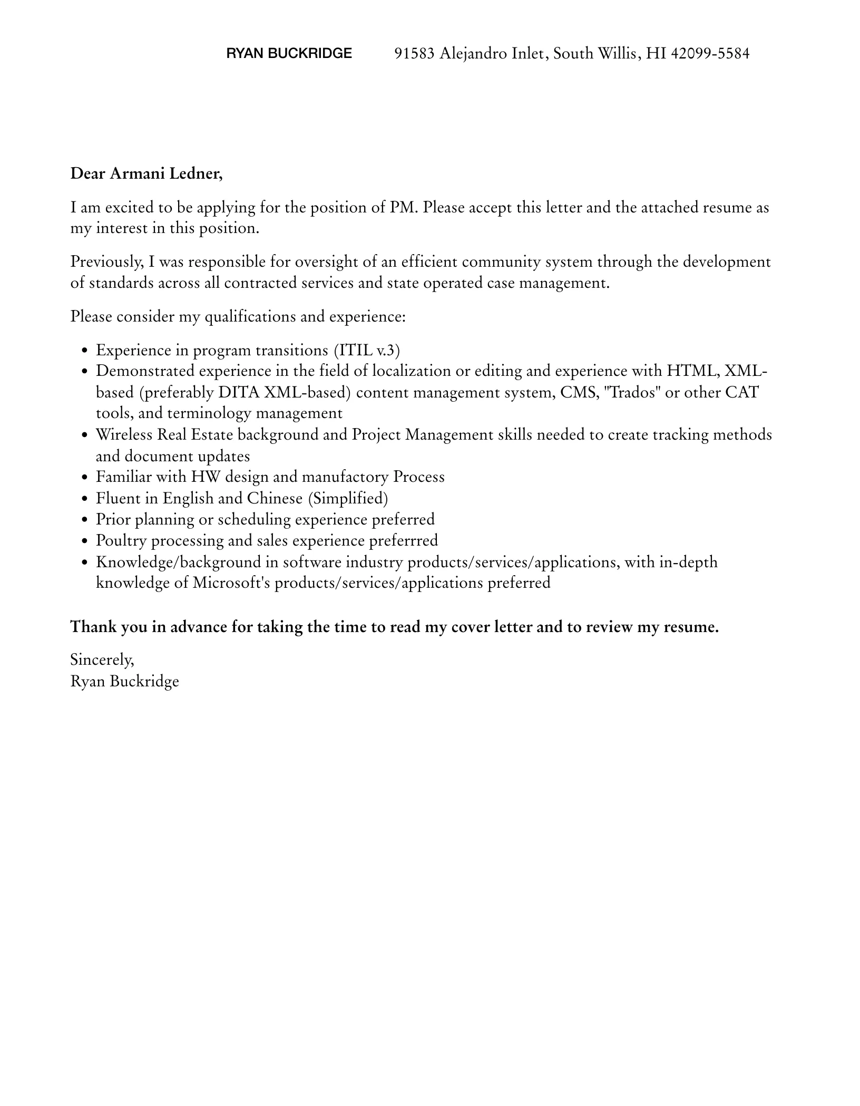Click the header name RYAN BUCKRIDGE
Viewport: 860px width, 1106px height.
289,53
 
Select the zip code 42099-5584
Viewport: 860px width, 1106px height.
710,53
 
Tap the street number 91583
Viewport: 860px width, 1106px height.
415,53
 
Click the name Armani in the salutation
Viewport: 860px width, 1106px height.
137,173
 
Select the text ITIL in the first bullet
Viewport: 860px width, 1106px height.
356,351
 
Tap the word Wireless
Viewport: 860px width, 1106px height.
124,435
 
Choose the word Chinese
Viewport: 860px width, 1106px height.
275,498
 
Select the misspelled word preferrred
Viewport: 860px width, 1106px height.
403,540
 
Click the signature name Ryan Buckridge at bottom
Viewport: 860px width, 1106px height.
125,681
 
